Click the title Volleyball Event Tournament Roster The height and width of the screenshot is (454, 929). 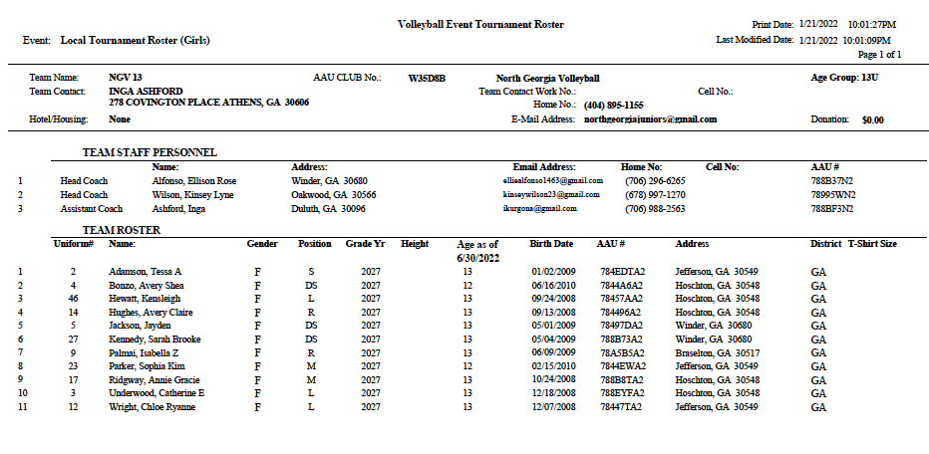(x=480, y=23)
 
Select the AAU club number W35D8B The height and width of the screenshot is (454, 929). (x=427, y=77)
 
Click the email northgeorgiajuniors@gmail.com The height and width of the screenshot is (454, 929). (x=650, y=118)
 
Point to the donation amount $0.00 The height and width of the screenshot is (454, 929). (x=872, y=119)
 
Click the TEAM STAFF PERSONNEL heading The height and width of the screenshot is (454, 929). (x=150, y=152)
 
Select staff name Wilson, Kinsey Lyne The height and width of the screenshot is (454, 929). (x=192, y=195)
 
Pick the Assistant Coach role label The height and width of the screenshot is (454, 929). (x=92, y=209)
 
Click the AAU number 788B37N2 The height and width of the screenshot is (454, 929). (x=832, y=181)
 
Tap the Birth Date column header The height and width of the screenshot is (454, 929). (x=551, y=243)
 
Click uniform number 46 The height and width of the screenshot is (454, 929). (x=73, y=298)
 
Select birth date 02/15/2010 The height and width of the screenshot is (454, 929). (x=551, y=365)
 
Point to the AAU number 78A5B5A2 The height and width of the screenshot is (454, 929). (x=622, y=352)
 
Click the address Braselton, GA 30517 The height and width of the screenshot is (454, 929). (x=718, y=352)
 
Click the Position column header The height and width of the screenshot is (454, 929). (x=314, y=243)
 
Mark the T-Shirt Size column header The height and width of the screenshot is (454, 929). (x=872, y=243)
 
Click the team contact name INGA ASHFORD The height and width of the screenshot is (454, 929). (x=146, y=91)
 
